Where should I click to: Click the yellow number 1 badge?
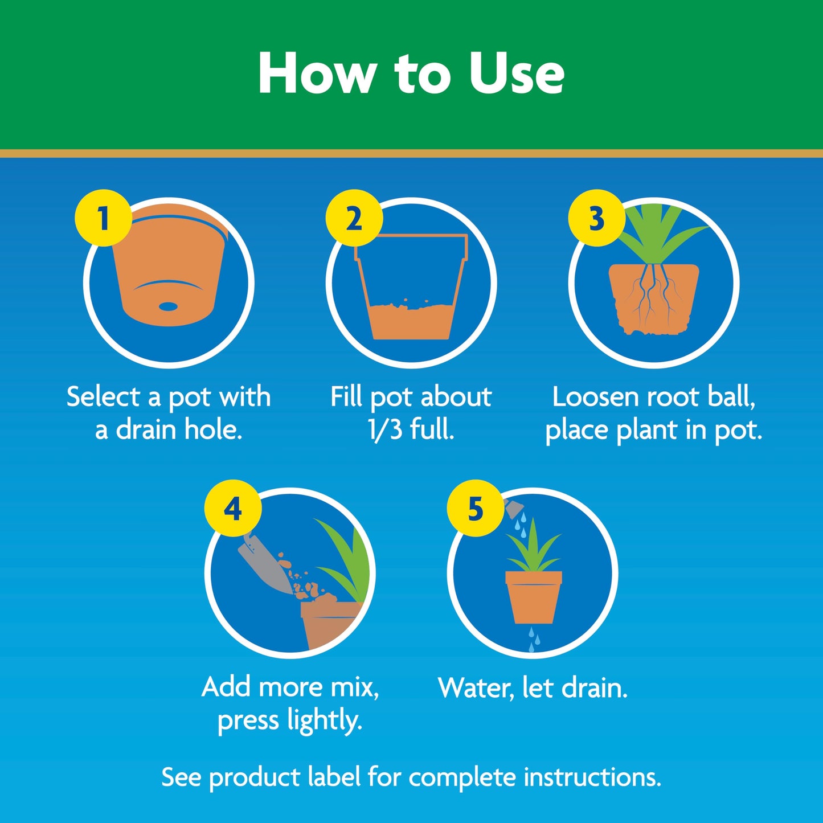(x=103, y=218)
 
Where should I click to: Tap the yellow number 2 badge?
(x=354, y=218)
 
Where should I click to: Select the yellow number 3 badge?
(x=596, y=218)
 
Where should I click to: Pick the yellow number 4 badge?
(x=232, y=508)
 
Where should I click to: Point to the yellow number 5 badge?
(x=475, y=508)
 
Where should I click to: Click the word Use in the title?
(x=516, y=73)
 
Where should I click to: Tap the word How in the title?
(x=317, y=73)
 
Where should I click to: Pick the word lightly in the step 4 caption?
(x=325, y=721)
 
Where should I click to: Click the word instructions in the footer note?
(x=592, y=777)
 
